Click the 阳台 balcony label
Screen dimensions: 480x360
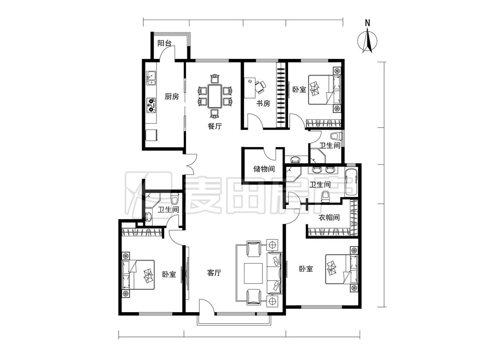point(164,43)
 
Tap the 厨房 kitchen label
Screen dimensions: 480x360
point(172,97)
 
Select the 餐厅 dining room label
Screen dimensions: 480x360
point(215,126)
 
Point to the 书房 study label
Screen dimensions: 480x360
point(263,104)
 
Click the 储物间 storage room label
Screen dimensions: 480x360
point(264,168)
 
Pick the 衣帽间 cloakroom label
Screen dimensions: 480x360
point(329,218)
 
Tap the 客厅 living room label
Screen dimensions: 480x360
point(214,273)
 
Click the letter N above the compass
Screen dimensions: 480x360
point(368,23)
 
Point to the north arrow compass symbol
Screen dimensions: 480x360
point(368,41)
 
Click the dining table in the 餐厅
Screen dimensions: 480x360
point(215,96)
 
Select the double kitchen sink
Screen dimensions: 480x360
point(151,78)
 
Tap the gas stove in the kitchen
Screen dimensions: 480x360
point(151,105)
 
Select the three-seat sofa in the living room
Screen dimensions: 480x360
point(274,273)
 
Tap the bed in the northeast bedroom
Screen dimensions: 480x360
point(324,90)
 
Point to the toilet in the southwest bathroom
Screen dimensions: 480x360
point(175,199)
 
